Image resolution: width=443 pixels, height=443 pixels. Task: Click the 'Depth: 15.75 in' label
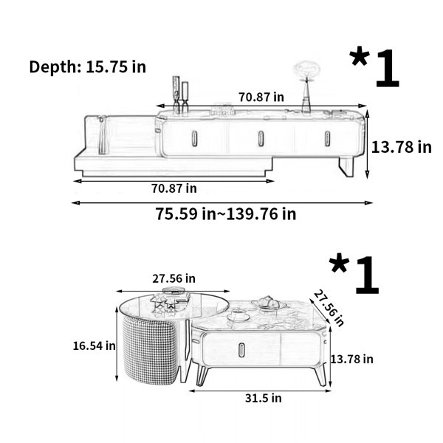tap(88, 67)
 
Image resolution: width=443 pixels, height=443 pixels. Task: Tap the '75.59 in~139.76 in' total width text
tap(226, 214)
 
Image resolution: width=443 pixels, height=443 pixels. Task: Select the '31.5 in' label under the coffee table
tap(264, 398)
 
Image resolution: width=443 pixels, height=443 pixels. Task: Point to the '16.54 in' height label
tap(94, 346)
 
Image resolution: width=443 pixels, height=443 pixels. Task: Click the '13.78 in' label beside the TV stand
tap(401, 147)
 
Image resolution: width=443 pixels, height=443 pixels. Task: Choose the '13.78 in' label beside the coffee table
tap(351, 360)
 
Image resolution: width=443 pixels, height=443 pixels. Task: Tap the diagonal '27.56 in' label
tap(329, 307)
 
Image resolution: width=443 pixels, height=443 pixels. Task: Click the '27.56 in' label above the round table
tap(174, 279)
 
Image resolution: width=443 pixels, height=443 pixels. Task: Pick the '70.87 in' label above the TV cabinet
tap(261, 97)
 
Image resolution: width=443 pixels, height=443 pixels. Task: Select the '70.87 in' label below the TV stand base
tap(174, 188)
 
